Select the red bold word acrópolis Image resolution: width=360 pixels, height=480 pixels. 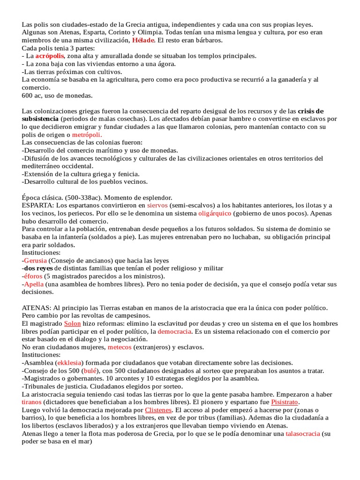(50, 56)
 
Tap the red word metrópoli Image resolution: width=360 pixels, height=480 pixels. (86, 135)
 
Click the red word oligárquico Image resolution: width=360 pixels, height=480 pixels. (215, 214)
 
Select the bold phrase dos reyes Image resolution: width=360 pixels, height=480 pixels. (38, 269)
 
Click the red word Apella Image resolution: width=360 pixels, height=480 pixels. (34, 285)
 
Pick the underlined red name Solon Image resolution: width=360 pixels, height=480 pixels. (72, 323)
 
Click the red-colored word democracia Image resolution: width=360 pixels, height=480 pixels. (174, 331)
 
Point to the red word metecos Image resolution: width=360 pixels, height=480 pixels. (120, 347)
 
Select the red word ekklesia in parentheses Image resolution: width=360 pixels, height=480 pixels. (70, 363)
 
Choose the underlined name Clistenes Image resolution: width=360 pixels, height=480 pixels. (159, 410)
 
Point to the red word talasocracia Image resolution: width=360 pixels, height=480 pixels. (303, 434)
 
